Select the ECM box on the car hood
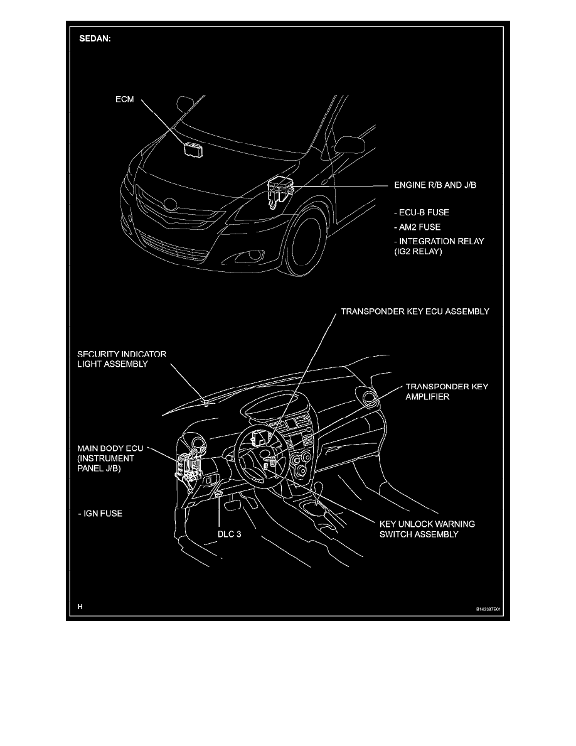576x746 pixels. tap(192, 149)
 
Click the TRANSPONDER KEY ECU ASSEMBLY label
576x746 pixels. tap(415, 311)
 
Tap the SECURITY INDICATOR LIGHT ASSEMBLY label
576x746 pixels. tap(122, 359)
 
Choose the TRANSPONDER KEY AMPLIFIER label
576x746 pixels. tap(446, 392)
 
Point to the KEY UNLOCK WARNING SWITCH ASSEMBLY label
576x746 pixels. tap(427, 529)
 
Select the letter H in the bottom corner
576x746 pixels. tap(80, 607)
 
